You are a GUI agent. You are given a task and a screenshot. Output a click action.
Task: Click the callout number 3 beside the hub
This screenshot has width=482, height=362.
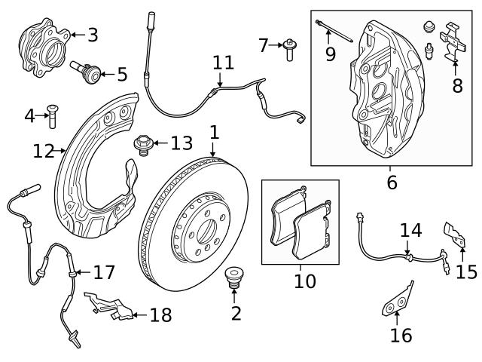pos(92,35)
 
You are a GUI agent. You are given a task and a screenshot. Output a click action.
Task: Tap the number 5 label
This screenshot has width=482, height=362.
pos(121,75)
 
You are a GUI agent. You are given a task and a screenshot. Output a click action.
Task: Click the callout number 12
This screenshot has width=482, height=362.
pos(43,152)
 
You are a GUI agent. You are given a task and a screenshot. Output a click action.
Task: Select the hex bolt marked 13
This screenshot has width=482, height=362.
pos(143,143)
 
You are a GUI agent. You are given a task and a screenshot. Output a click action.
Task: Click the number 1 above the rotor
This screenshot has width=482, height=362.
pos(214,132)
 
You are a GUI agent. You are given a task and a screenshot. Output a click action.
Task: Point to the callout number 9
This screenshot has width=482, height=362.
pos(329,54)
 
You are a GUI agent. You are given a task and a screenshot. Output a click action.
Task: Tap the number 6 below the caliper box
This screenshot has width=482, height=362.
pos(391,182)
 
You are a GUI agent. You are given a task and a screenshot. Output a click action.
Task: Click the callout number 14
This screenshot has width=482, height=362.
pos(410,230)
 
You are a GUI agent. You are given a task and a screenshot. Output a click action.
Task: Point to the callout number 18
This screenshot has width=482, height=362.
pos(160,314)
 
